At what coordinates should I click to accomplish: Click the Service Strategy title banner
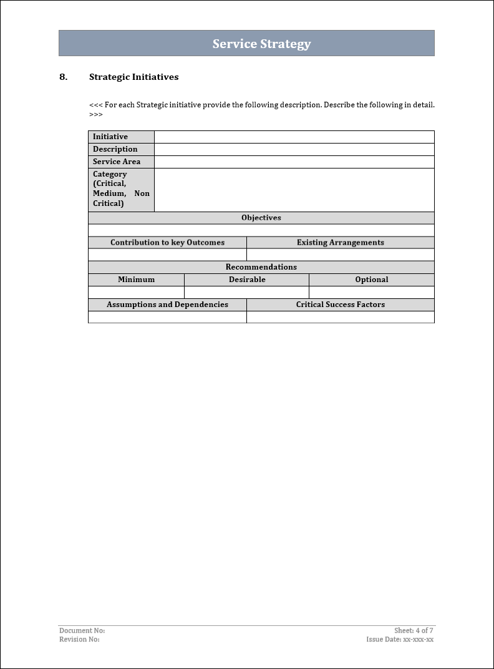pos(261,44)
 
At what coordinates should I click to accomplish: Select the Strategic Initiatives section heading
pos(133,77)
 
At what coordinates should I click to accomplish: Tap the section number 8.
pos(63,77)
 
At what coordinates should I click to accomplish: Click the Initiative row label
pos(110,137)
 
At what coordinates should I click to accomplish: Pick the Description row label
pos(115,149)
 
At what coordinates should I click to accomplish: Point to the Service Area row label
pos(117,162)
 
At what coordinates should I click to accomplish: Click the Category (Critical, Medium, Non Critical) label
pos(121,188)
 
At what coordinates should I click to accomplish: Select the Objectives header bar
pos(261,218)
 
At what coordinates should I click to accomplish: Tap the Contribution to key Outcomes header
pos(167,242)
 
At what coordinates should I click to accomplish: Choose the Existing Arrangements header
pos(340,242)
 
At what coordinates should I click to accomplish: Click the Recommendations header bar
pos(261,267)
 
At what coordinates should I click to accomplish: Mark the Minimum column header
pos(136,280)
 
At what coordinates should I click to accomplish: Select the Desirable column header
pos(247,280)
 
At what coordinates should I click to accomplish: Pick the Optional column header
pos(372,280)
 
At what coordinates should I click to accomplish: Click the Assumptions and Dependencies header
pos(167,305)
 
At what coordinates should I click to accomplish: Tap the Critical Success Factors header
pos(340,305)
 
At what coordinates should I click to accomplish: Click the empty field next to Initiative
pos(294,137)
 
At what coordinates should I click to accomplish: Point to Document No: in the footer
pos(82,631)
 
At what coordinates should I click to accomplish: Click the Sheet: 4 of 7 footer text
pos(414,631)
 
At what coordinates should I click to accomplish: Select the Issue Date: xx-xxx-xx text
pos(400,640)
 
